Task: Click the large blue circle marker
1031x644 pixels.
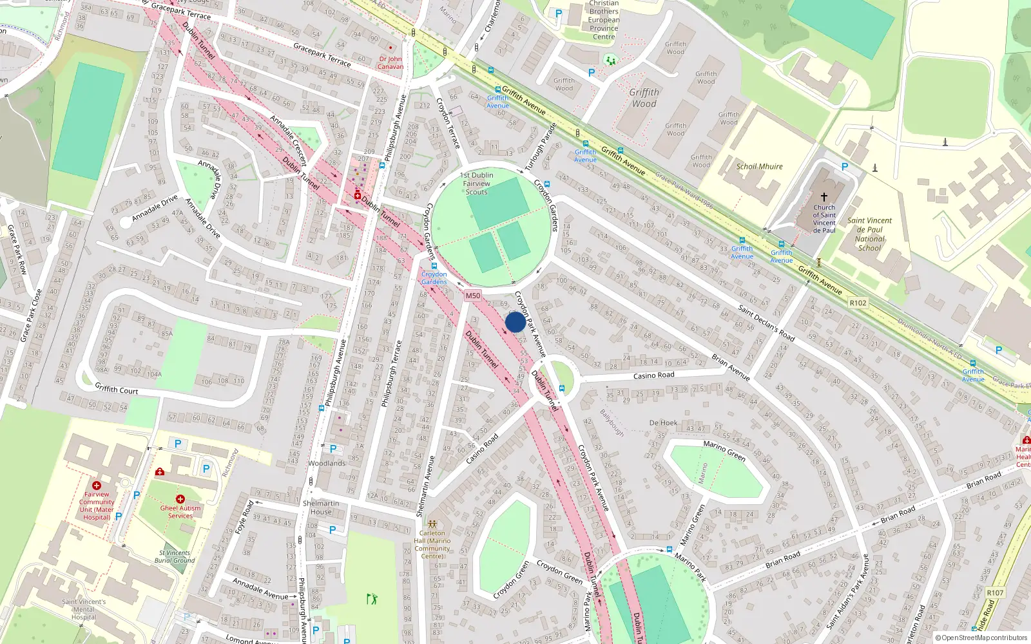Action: point(515,322)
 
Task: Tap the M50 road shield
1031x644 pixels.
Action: point(473,296)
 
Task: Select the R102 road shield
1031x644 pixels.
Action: point(858,303)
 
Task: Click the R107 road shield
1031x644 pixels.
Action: point(995,592)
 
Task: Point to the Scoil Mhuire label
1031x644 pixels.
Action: point(759,166)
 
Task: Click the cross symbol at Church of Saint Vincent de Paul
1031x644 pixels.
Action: point(824,197)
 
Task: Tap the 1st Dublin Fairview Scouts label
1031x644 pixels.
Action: point(477,184)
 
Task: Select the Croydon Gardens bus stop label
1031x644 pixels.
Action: point(434,278)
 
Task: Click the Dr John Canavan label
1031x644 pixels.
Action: point(390,62)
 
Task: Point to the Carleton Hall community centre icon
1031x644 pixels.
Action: point(432,524)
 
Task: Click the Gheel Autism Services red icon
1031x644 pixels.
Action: point(180,499)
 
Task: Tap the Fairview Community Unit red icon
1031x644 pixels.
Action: point(97,486)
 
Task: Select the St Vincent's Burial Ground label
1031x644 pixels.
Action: point(175,556)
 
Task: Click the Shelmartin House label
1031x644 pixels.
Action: point(321,507)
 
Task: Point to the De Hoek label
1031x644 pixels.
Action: point(663,423)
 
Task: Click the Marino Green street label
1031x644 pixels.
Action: point(724,451)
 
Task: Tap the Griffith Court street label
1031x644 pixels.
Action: point(117,389)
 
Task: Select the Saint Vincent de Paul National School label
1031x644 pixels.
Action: point(869,234)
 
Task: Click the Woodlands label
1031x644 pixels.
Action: point(327,463)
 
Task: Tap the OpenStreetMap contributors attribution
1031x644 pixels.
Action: point(981,638)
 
